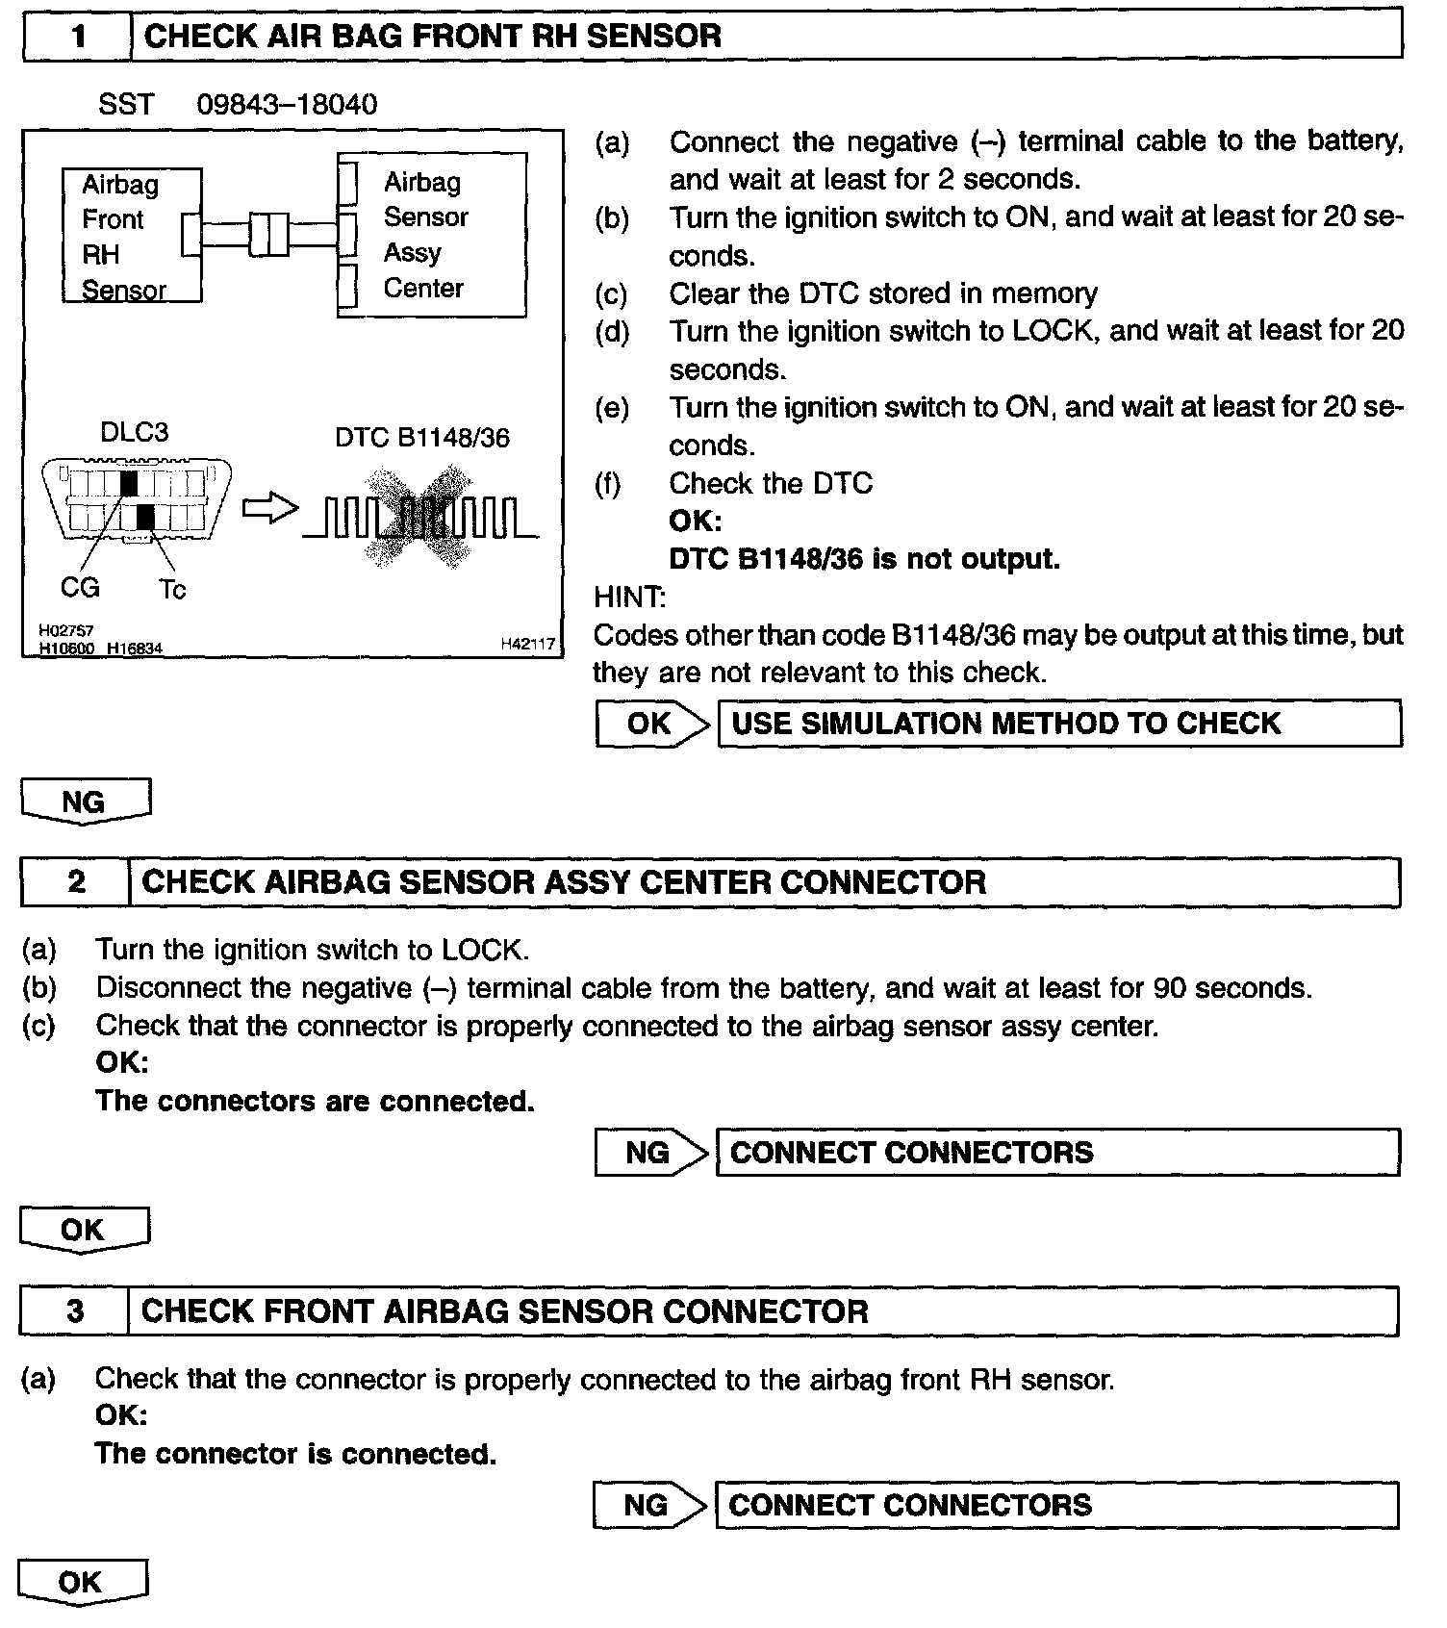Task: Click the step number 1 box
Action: pos(77,37)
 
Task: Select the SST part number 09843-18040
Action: pos(287,104)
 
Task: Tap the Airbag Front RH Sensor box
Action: pos(132,236)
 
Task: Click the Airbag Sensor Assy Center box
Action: pos(432,235)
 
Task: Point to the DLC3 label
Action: pos(135,432)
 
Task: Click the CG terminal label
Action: pos(80,586)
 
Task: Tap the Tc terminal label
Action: pos(171,589)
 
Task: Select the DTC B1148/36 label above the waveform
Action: pos(422,438)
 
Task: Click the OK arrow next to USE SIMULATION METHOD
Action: pos(652,724)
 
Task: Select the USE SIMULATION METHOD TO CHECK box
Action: pos(1059,724)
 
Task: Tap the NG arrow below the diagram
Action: pos(85,801)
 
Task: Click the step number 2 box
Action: pos(75,882)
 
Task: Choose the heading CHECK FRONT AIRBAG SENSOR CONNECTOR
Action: pos(505,1311)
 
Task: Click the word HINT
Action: pos(629,598)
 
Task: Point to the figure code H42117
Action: pos(527,645)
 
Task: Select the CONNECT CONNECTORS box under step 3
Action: pos(1057,1506)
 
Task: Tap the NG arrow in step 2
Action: pos(650,1153)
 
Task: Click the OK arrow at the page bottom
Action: pos(82,1583)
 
